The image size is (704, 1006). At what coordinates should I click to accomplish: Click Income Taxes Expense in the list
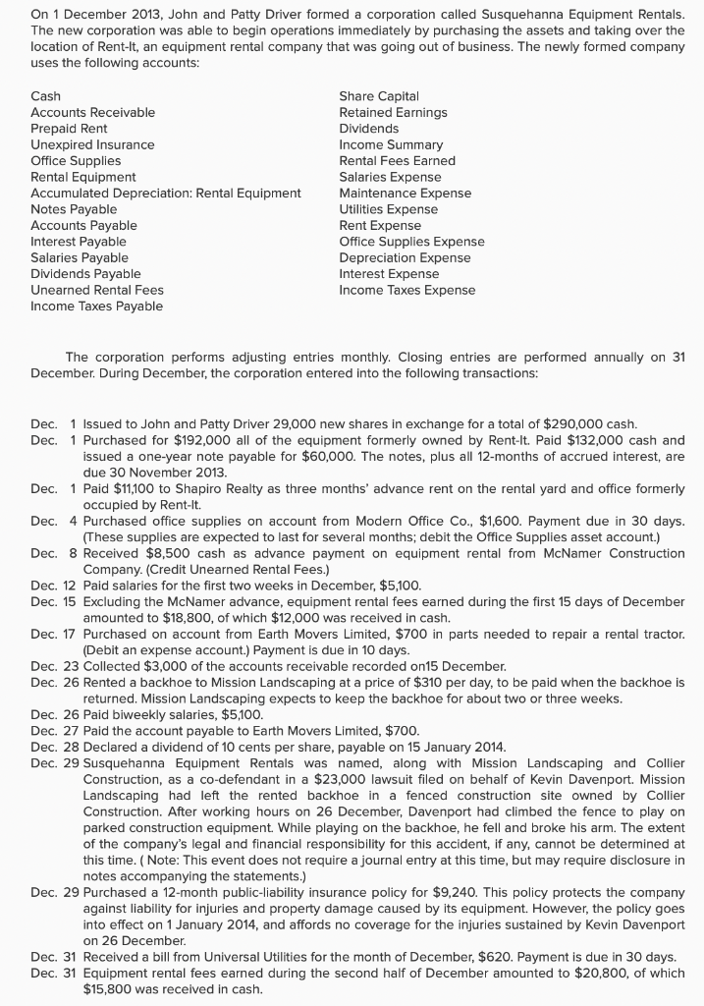tap(406, 290)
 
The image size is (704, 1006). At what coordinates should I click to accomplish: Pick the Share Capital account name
tap(379, 95)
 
